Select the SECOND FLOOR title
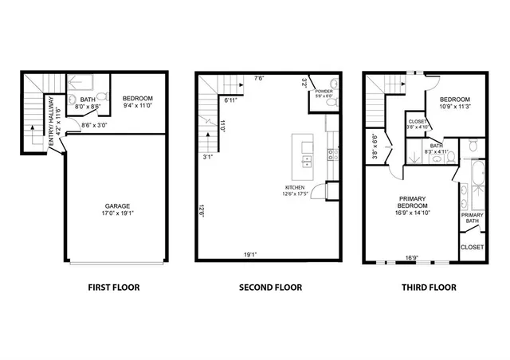click(x=270, y=287)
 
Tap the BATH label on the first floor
click(x=88, y=100)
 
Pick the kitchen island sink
click(x=307, y=159)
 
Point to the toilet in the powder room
click(x=335, y=100)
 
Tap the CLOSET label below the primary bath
click(x=472, y=247)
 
